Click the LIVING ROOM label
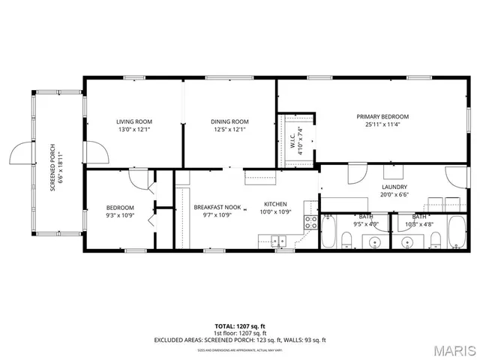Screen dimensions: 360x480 pyautogui.click(x=134, y=121)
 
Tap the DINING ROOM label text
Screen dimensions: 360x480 pyautogui.click(x=229, y=121)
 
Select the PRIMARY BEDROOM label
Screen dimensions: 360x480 pyautogui.click(x=382, y=116)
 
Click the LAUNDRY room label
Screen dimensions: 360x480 pyautogui.click(x=394, y=187)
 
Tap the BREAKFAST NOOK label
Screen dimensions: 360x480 pyautogui.click(x=217, y=206)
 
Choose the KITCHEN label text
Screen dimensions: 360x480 pyautogui.click(x=276, y=204)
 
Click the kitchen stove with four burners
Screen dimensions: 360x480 pyautogui.click(x=309, y=221)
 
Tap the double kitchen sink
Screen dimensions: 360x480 pyautogui.click(x=278, y=241)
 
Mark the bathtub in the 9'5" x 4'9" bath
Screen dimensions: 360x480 pyautogui.click(x=328, y=232)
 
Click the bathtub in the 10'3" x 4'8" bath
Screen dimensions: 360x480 pyautogui.click(x=457, y=232)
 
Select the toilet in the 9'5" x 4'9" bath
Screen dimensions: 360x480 pyautogui.click(x=346, y=240)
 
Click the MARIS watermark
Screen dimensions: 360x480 pyautogui.click(x=452, y=350)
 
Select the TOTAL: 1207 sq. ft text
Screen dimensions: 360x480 pyautogui.click(x=240, y=326)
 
